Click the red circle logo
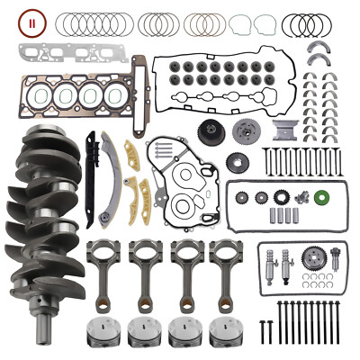point(33,21)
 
